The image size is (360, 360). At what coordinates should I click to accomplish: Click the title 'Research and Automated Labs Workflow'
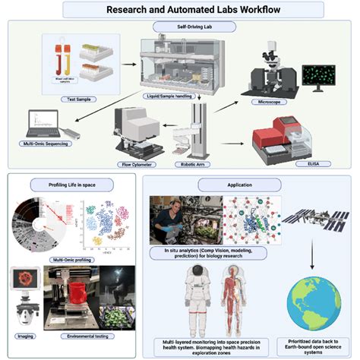[180, 10]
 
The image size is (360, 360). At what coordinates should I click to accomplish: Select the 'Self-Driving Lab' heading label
[180, 27]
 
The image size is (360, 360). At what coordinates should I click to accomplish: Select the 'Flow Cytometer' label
[132, 161]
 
